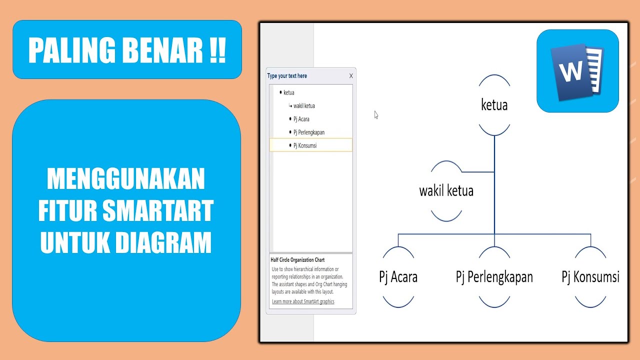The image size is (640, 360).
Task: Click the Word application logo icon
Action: pyautogui.click(x=577, y=71)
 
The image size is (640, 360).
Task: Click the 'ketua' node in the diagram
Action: pyautogui.click(x=494, y=105)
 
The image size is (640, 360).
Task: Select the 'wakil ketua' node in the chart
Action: pyautogui.click(x=446, y=191)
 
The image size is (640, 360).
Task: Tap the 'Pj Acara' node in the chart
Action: pyautogui.click(x=398, y=277)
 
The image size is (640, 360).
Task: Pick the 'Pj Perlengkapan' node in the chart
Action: pyautogui.click(x=494, y=277)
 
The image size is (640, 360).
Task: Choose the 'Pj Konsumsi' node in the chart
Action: pyautogui.click(x=590, y=277)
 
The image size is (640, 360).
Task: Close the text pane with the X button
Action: pyautogui.click(x=351, y=76)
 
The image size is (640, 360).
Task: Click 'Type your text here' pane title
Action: pyautogui.click(x=287, y=76)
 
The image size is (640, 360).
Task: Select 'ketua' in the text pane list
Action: pyautogui.click(x=289, y=92)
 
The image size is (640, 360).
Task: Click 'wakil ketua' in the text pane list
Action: pyautogui.click(x=304, y=106)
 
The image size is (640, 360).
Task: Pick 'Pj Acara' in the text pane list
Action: pyautogui.click(x=301, y=119)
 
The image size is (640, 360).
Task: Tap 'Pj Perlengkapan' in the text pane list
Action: pyautogui.click(x=309, y=132)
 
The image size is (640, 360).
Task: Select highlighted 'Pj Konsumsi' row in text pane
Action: pyautogui.click(x=305, y=145)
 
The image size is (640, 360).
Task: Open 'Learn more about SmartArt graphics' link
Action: pyautogui.click(x=303, y=301)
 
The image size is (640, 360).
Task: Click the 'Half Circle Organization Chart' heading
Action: pyautogui.click(x=297, y=260)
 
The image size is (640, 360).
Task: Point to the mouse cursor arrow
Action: pyautogui.click(x=376, y=114)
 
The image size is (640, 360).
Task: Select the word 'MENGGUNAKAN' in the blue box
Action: pyautogui.click(x=126, y=179)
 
